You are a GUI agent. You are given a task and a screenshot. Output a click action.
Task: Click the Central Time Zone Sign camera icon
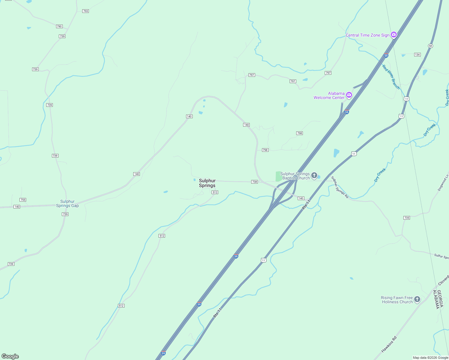tap(394, 35)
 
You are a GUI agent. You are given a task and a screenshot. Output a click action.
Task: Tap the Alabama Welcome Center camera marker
tap(349, 95)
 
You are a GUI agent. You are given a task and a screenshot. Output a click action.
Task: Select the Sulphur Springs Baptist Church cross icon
tap(314, 175)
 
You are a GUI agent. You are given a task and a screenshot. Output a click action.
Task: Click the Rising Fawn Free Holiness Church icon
tap(417, 299)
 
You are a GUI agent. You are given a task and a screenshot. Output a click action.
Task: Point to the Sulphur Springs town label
tap(207, 183)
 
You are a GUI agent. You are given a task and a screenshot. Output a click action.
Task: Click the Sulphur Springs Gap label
tap(67, 203)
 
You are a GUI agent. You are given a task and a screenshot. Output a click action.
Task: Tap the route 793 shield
tap(86, 11)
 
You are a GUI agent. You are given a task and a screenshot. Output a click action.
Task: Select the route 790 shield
tap(59, 26)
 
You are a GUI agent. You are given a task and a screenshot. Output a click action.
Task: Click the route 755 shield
tap(23, 200)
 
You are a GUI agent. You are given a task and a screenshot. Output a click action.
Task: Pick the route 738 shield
tap(255, 182)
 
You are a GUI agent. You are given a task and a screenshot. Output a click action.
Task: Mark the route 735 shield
tap(407, 218)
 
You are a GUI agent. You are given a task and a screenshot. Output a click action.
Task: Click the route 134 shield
tap(417, 55)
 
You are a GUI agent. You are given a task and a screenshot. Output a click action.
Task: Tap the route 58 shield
tap(431, 46)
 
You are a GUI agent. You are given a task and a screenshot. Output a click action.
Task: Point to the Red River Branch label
tap(391, 77)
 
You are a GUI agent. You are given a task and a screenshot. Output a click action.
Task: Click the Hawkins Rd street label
tap(389, 344)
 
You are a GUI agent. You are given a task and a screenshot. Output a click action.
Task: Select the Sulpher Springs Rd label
tap(340, 187)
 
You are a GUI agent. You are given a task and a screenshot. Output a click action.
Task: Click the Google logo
tap(10, 356)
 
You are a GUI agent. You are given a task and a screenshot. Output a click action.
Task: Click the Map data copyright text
tap(430, 358)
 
